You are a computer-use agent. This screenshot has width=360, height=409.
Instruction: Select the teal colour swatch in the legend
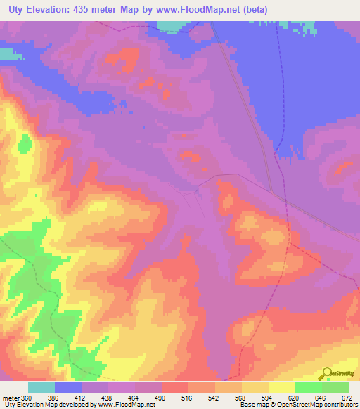(x=41, y=387)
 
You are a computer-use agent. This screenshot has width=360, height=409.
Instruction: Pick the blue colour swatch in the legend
(x=67, y=387)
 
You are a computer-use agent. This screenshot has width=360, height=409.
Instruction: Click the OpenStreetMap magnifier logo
(x=327, y=373)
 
